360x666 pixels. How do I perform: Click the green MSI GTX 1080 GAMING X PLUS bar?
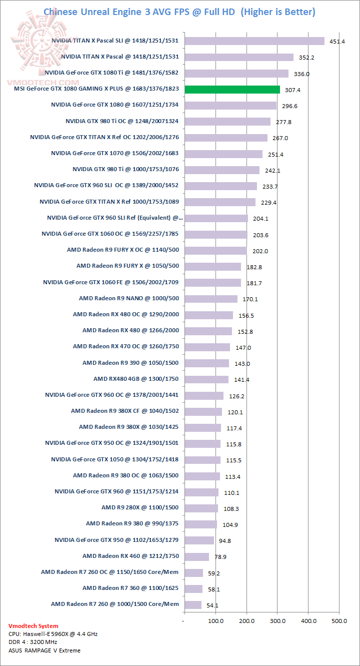tap(232, 90)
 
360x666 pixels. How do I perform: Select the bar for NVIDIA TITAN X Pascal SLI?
tap(254, 41)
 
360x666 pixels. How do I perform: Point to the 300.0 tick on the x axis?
tap(278, 621)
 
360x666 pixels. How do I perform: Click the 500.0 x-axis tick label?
tap(339, 621)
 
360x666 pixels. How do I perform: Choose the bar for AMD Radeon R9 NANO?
tap(211, 299)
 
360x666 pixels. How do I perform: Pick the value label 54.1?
tap(212, 605)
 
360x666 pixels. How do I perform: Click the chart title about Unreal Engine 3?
tap(179, 12)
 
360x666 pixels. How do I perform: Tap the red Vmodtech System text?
tap(33, 626)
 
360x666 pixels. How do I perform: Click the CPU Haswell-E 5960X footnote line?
tap(53, 634)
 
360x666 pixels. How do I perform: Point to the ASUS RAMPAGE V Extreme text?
tap(44, 650)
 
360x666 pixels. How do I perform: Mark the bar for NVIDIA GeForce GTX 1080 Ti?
tap(236, 74)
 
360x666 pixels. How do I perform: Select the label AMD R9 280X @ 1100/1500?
tap(140, 507)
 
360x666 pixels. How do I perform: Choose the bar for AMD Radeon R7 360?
tap(193, 588)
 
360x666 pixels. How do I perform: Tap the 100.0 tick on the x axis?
tap(216, 621)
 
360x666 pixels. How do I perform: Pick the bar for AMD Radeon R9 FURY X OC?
tap(215, 250)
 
